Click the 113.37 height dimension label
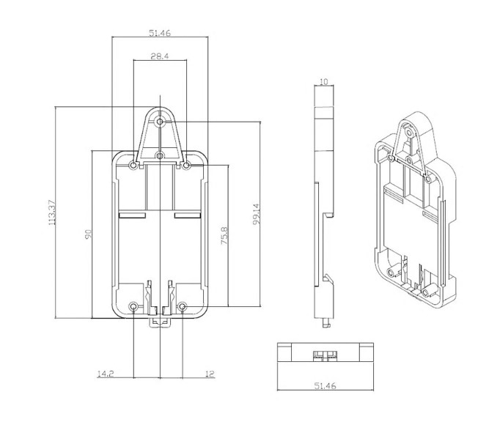pos(51,212)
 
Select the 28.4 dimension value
pos(160,56)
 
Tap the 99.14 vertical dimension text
pos(256,214)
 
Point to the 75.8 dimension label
pos(224,235)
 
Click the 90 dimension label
pos(88,234)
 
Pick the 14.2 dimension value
pos(106,374)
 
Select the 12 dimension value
pos(210,374)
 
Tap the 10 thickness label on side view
pos(323,82)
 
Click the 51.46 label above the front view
pos(160,33)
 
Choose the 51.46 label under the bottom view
pos(325,386)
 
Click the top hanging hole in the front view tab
pos(160,122)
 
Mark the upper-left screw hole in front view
pos(133,166)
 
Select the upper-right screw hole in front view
pos(187,165)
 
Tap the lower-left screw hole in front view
pos(133,306)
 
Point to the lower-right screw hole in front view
pos(183,306)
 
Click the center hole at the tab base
pos(160,155)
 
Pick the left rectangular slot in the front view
pos(132,215)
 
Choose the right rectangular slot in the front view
pos(188,215)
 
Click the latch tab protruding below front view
pos(160,322)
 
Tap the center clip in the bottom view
pos(325,356)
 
